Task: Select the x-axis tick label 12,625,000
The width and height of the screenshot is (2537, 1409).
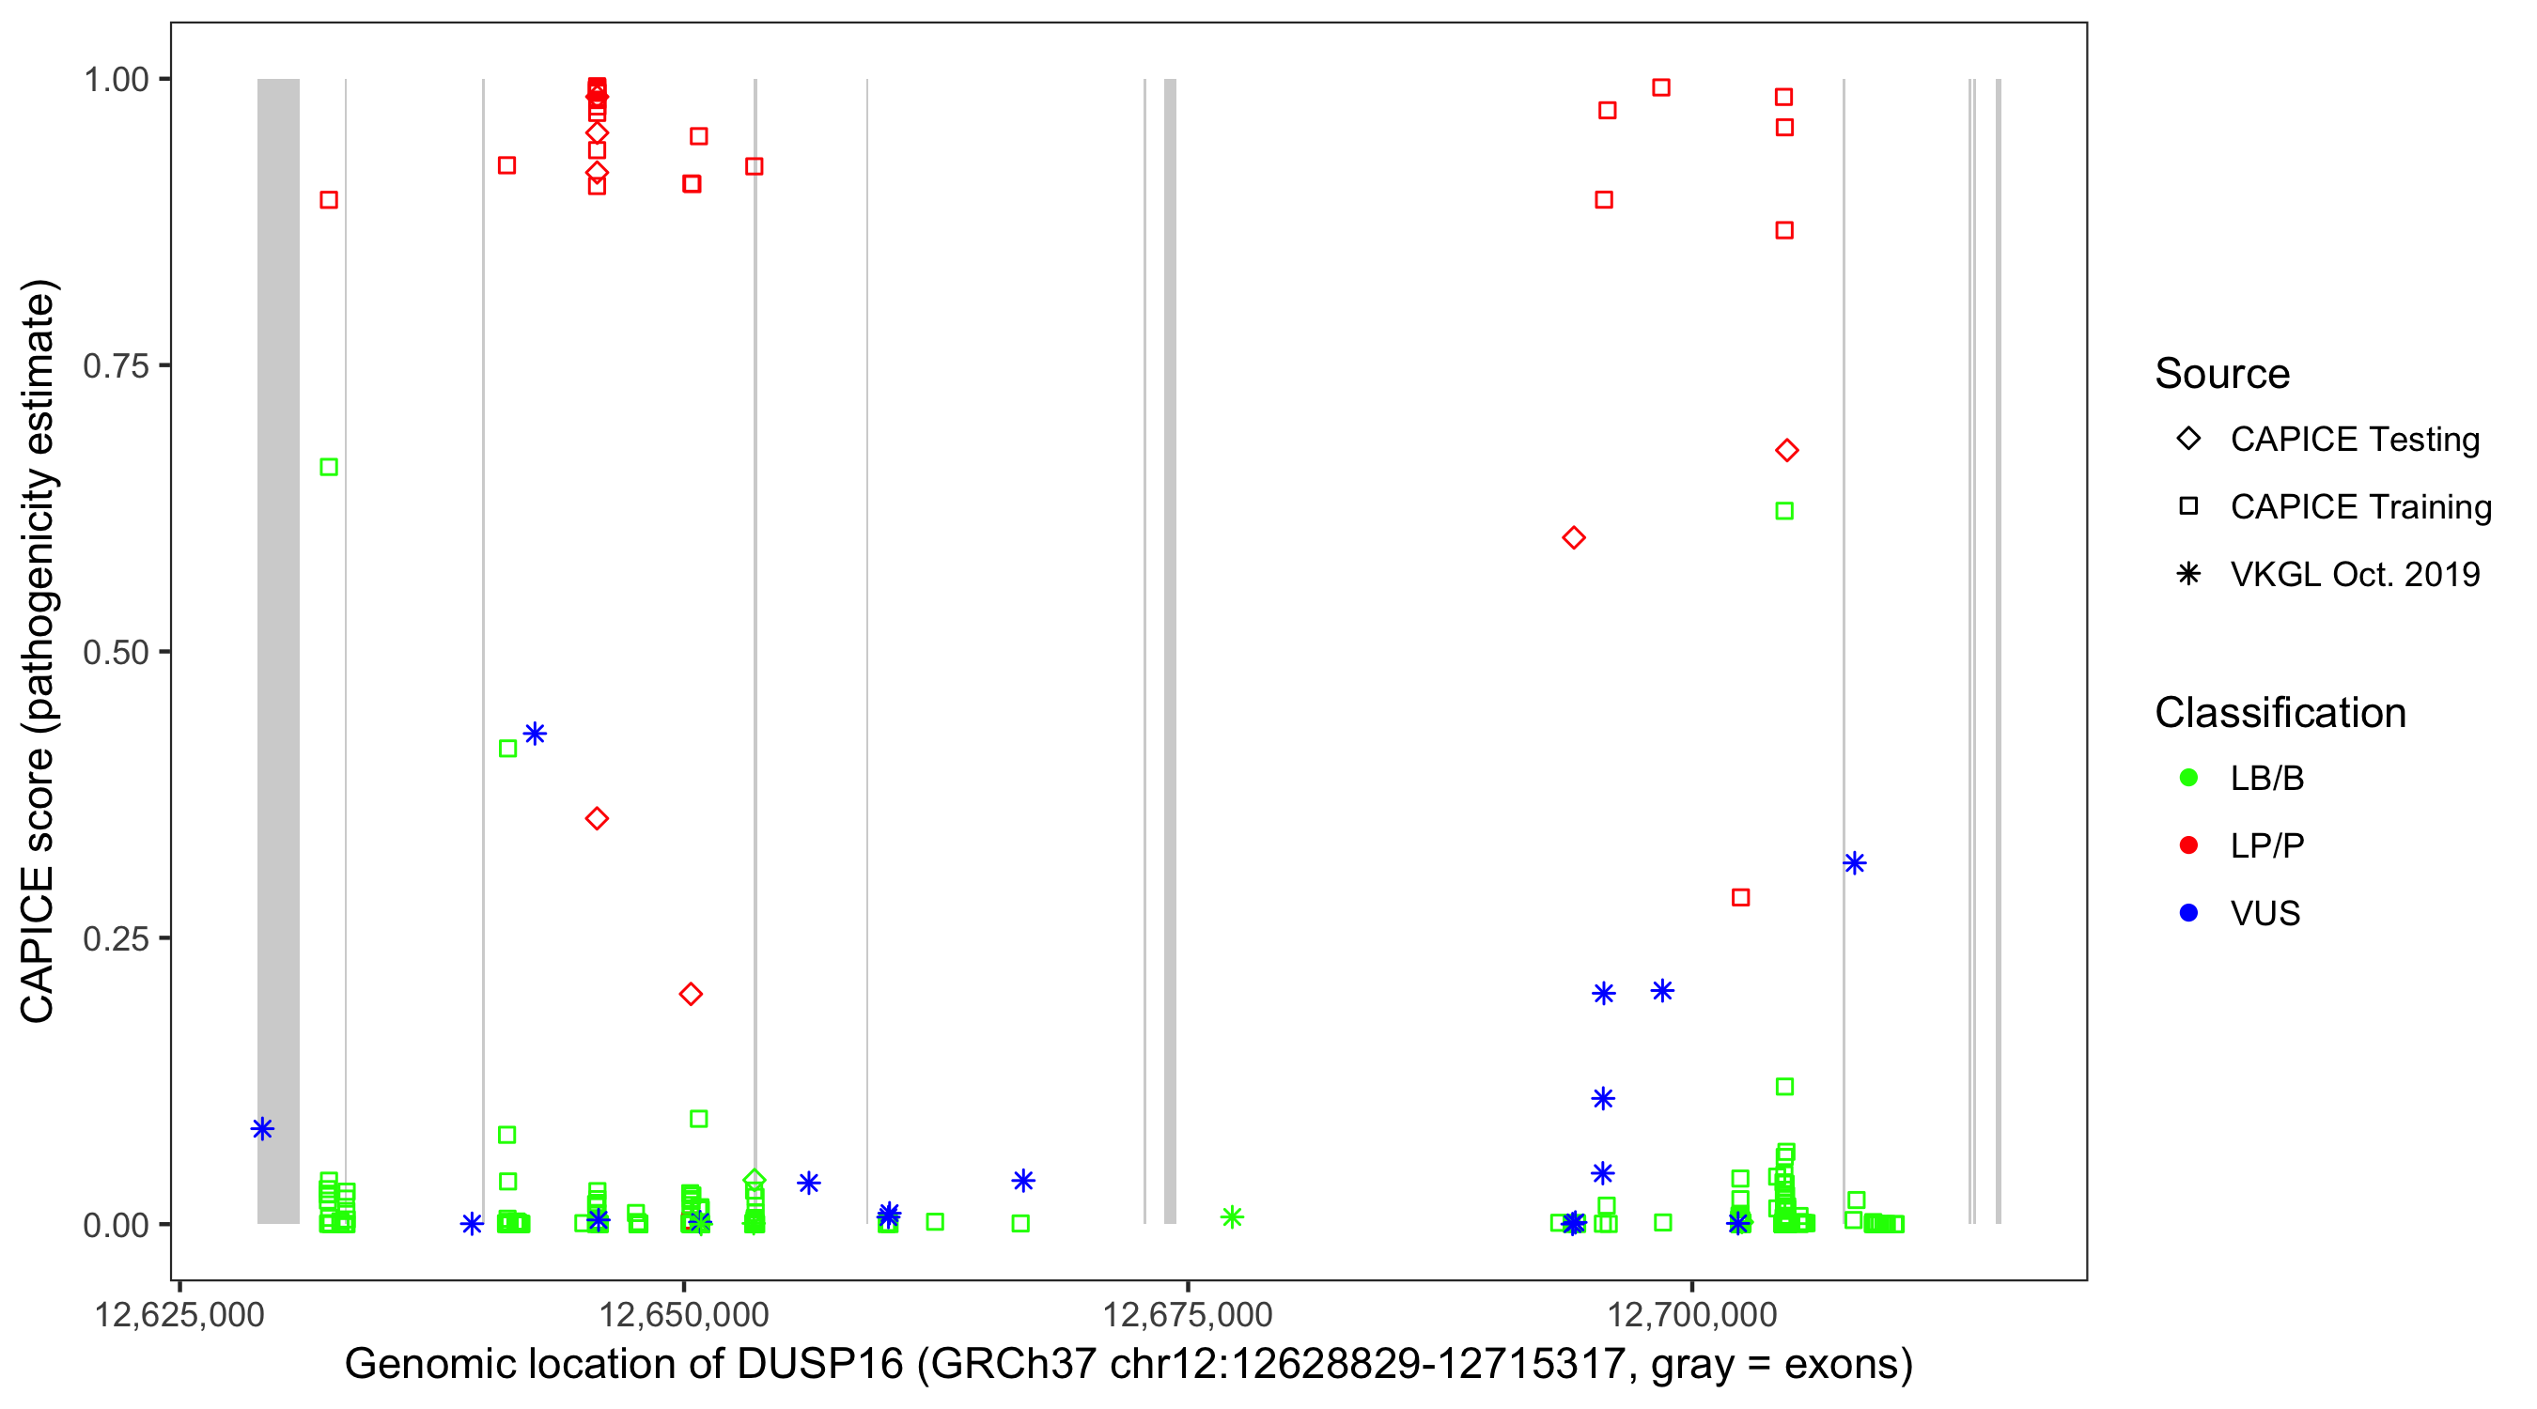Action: pos(179,1315)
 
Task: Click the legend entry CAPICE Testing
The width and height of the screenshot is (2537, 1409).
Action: pos(2354,440)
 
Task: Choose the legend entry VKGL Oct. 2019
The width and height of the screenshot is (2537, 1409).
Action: pos(2354,575)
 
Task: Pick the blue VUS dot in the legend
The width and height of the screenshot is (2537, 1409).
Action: pos(2188,914)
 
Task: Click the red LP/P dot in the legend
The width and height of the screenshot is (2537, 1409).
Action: pos(2188,845)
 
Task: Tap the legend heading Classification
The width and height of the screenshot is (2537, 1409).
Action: pos(2279,713)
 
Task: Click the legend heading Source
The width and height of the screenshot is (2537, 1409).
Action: pos(2221,374)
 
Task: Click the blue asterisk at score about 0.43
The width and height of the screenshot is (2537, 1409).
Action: pos(535,734)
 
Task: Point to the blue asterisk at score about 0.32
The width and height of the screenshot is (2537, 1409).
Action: pos(1855,863)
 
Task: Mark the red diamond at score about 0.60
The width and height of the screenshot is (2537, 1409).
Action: pos(1574,537)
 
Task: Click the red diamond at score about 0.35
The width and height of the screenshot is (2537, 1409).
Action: pos(597,818)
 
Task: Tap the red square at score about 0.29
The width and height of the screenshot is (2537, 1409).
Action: pos(1740,898)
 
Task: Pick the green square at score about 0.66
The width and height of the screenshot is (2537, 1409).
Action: pos(329,467)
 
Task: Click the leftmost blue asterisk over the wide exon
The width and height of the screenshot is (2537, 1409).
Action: pos(262,1128)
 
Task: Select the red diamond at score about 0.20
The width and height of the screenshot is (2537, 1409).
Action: pos(691,995)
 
